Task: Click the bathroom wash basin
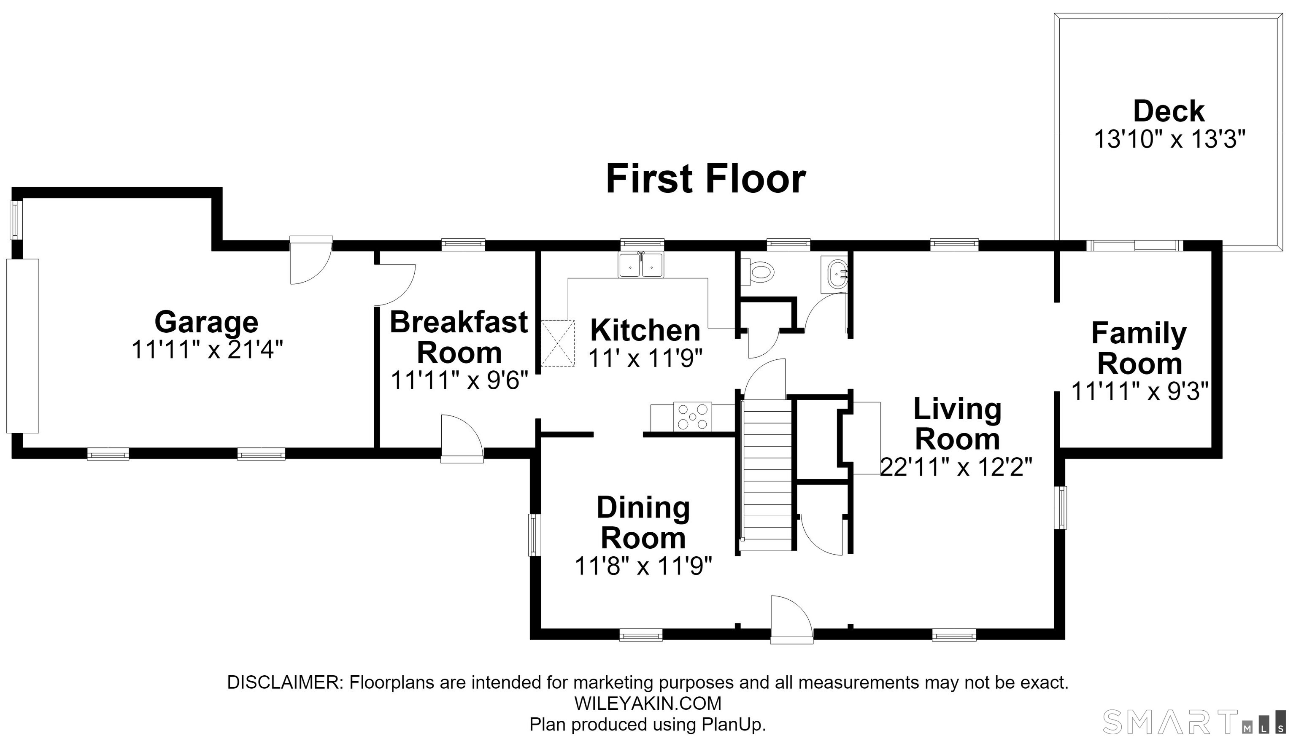[x=834, y=275]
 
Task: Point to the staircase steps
[x=767, y=475]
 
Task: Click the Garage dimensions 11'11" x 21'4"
[x=207, y=350]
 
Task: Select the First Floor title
[x=706, y=179]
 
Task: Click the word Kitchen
[x=645, y=330]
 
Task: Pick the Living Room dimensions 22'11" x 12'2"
[x=956, y=467]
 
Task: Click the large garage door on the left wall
[x=22, y=346]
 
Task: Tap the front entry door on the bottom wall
[x=791, y=619]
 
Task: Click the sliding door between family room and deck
[x=1134, y=246]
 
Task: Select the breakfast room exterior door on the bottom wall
[x=462, y=439]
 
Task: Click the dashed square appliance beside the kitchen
[x=558, y=343]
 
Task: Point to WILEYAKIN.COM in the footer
[x=648, y=703]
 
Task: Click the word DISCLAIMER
[x=285, y=682]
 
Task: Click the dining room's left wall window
[x=535, y=535]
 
